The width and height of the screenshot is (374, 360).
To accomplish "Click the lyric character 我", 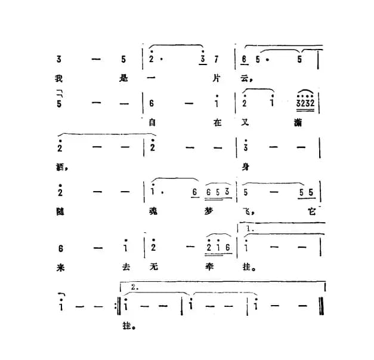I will tap(59, 78).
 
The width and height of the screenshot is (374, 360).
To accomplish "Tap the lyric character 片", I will tap(217, 78).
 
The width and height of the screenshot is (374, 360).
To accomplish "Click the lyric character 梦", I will tap(216, 213).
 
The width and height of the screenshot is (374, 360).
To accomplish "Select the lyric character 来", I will tap(59, 267).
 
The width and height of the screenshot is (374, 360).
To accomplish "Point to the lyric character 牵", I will tap(216, 267).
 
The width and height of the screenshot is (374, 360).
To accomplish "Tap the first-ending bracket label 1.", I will tap(250, 229).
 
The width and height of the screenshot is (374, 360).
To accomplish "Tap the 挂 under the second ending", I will tap(126, 326).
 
